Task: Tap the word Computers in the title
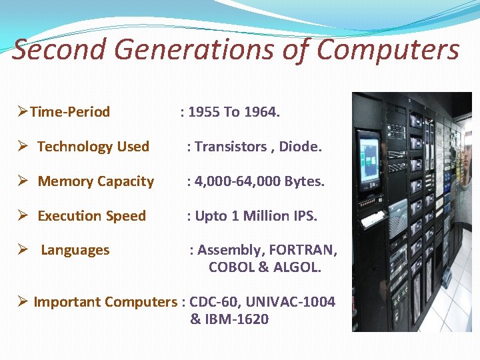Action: click(387, 50)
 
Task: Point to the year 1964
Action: click(262, 112)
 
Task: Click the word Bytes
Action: click(305, 181)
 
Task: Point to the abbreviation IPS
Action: click(305, 216)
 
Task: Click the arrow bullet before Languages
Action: click(22, 250)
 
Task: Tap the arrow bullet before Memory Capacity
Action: click(22, 181)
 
